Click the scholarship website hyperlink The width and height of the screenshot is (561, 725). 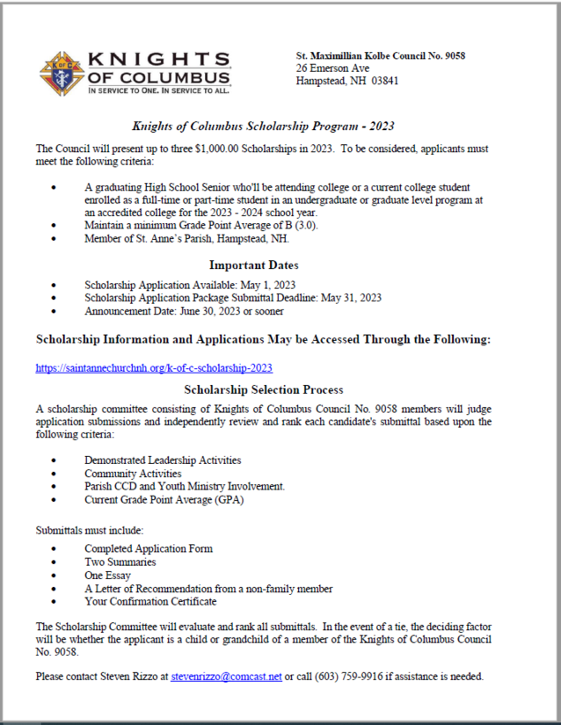(x=160, y=368)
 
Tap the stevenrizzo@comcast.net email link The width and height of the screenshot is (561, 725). (x=226, y=677)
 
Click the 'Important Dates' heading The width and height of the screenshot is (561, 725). (x=253, y=265)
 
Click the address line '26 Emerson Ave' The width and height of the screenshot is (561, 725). (x=333, y=68)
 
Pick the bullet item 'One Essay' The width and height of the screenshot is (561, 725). (x=107, y=576)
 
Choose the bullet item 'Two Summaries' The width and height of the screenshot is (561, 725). (x=120, y=562)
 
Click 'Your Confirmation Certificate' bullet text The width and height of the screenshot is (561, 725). (x=150, y=602)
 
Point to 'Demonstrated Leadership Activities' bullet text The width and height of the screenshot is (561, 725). (x=163, y=460)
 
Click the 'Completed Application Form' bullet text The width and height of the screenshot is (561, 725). (x=149, y=548)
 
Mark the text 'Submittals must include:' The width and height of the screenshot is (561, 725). (x=89, y=530)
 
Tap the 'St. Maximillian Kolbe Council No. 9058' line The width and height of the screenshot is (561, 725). (x=381, y=55)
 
